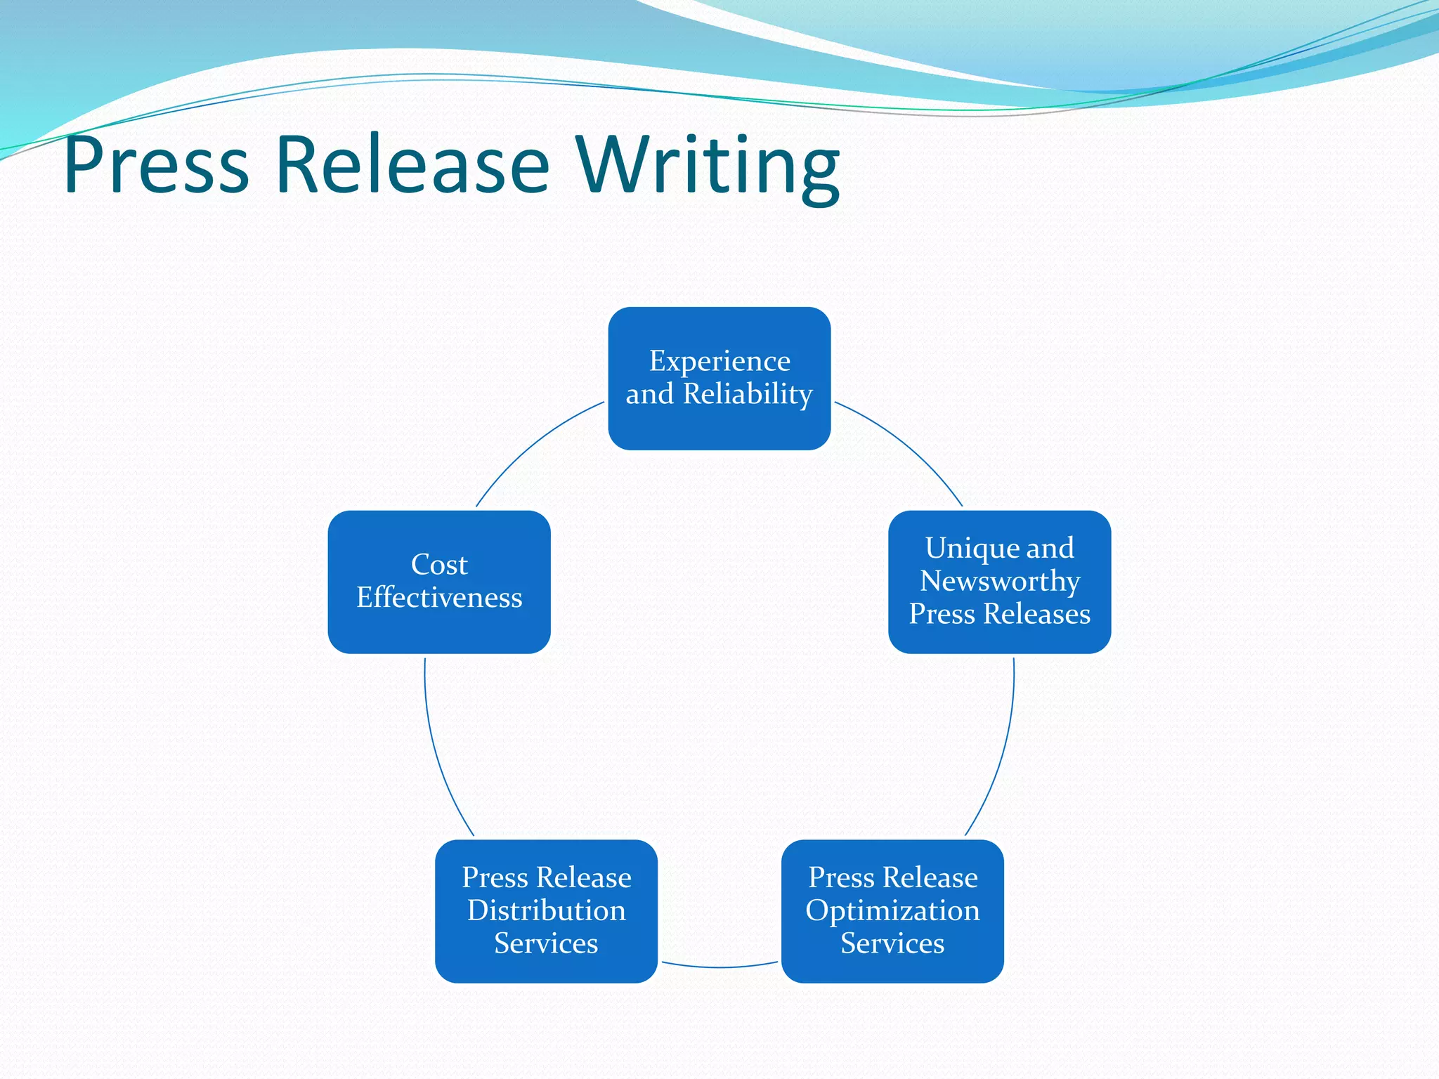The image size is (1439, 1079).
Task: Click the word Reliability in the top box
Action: pyautogui.click(x=748, y=394)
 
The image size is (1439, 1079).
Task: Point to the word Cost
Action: pyautogui.click(x=439, y=565)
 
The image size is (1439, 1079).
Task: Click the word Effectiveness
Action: pyautogui.click(x=439, y=598)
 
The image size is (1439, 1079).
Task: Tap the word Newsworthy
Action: pyautogui.click(x=1000, y=581)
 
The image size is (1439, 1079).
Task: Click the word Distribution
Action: pyautogui.click(x=546, y=910)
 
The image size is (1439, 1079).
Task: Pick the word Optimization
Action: pyautogui.click(x=892, y=910)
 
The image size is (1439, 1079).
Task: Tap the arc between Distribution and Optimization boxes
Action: pyautogui.click(x=719, y=967)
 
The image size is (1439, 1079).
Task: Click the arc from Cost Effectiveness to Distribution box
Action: pyautogui.click(x=437, y=759)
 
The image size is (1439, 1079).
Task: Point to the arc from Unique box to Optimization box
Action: pyautogui.click(x=1001, y=759)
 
